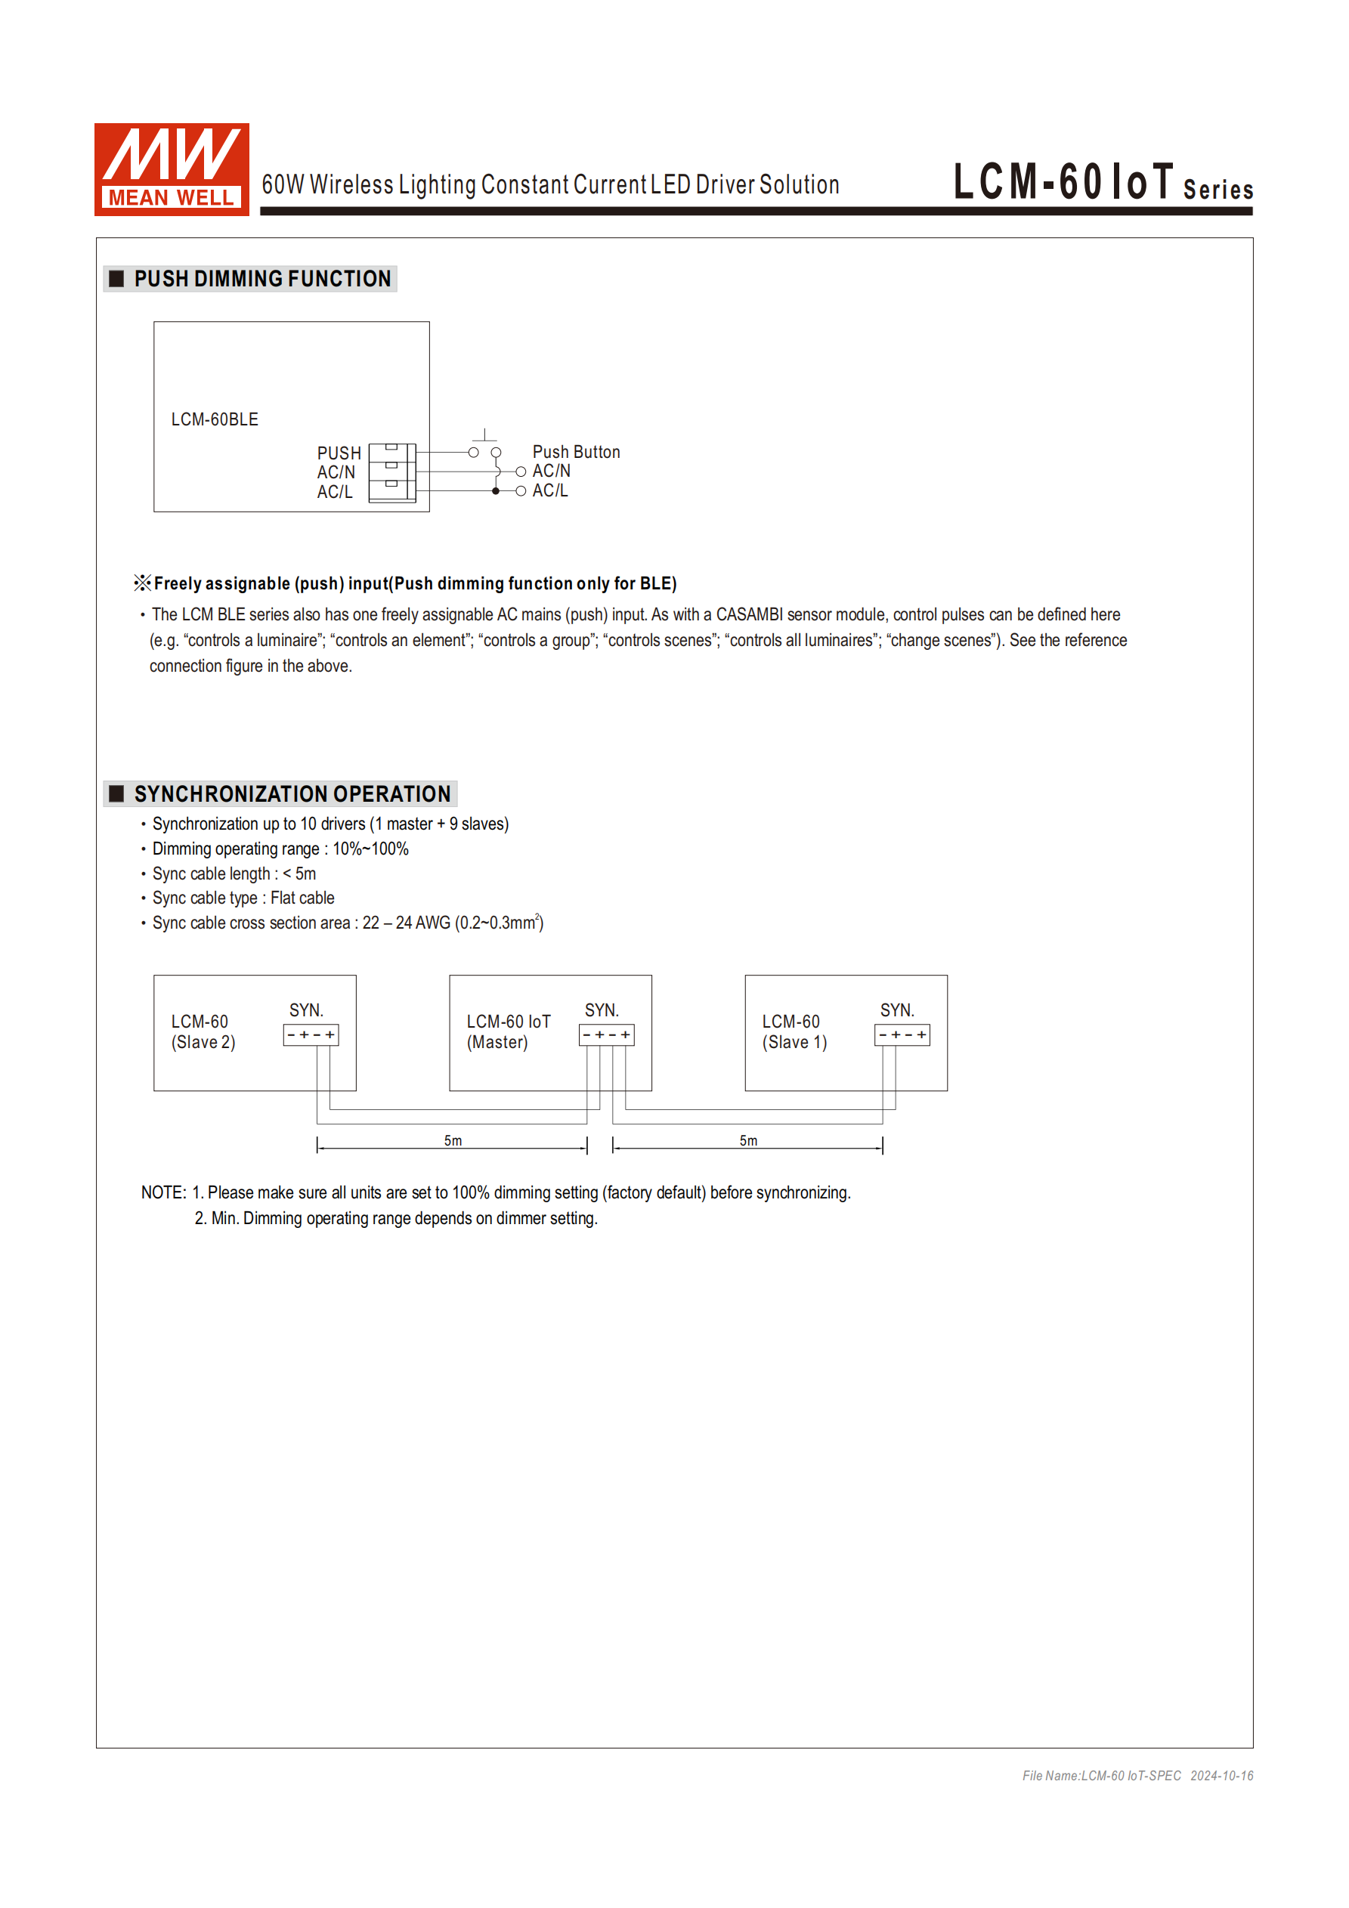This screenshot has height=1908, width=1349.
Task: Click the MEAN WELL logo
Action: (x=172, y=169)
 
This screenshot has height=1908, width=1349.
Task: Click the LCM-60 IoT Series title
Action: (x=1102, y=182)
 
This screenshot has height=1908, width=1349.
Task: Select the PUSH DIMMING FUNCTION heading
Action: (x=261, y=278)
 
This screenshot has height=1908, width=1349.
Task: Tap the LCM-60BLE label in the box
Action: (x=215, y=419)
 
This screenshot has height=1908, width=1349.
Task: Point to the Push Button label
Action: (x=576, y=452)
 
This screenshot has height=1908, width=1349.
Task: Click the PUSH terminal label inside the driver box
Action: (x=339, y=453)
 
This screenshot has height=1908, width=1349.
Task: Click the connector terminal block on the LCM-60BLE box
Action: (x=391, y=472)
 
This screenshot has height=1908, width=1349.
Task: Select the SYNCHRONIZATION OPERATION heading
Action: (x=292, y=793)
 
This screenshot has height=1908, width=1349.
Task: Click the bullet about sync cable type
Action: (x=243, y=898)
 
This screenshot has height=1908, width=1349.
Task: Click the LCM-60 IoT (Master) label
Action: (x=508, y=1031)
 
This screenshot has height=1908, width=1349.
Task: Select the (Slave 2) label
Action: (x=203, y=1042)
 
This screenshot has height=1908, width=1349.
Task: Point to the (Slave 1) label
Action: (x=794, y=1042)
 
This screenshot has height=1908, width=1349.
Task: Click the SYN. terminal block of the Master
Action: (x=606, y=1034)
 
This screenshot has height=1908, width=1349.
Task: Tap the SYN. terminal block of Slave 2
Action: (x=311, y=1034)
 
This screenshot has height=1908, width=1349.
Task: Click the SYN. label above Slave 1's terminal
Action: (x=897, y=1010)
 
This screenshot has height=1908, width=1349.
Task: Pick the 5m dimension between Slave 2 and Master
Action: (x=452, y=1141)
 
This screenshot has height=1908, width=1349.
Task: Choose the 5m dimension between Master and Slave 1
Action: (x=748, y=1141)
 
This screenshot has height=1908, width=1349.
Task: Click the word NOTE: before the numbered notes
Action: (x=164, y=1192)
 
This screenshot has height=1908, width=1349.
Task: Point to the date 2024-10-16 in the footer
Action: (x=1221, y=1776)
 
